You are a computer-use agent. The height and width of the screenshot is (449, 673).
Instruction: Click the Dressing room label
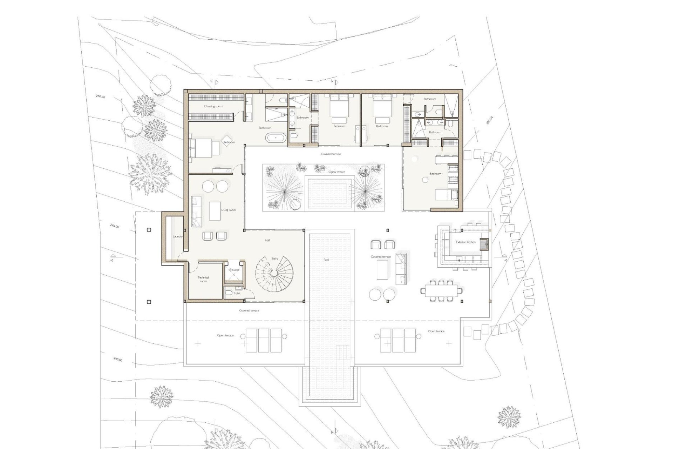tap(213, 106)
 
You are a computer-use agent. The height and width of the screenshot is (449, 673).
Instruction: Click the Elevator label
tap(234, 270)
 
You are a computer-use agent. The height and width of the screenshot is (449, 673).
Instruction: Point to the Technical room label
tap(203, 279)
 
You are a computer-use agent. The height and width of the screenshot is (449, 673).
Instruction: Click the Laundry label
tap(178, 236)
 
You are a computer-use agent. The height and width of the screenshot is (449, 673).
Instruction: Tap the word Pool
tap(326, 260)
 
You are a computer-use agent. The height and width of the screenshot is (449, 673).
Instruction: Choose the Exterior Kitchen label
tap(465, 242)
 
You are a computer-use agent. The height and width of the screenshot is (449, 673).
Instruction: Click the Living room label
tap(229, 210)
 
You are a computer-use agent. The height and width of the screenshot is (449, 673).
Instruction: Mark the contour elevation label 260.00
tap(100, 96)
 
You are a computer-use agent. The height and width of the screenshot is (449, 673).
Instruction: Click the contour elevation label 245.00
tap(115, 226)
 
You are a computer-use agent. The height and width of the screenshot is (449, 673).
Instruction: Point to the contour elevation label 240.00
tap(118, 360)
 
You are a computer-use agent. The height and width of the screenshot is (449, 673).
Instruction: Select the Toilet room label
tap(237, 293)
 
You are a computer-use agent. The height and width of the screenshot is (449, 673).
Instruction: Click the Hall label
tap(267, 240)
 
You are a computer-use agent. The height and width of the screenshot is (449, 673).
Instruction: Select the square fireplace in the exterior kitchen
tap(484, 243)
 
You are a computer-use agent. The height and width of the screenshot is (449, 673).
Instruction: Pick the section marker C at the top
tap(212, 81)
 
